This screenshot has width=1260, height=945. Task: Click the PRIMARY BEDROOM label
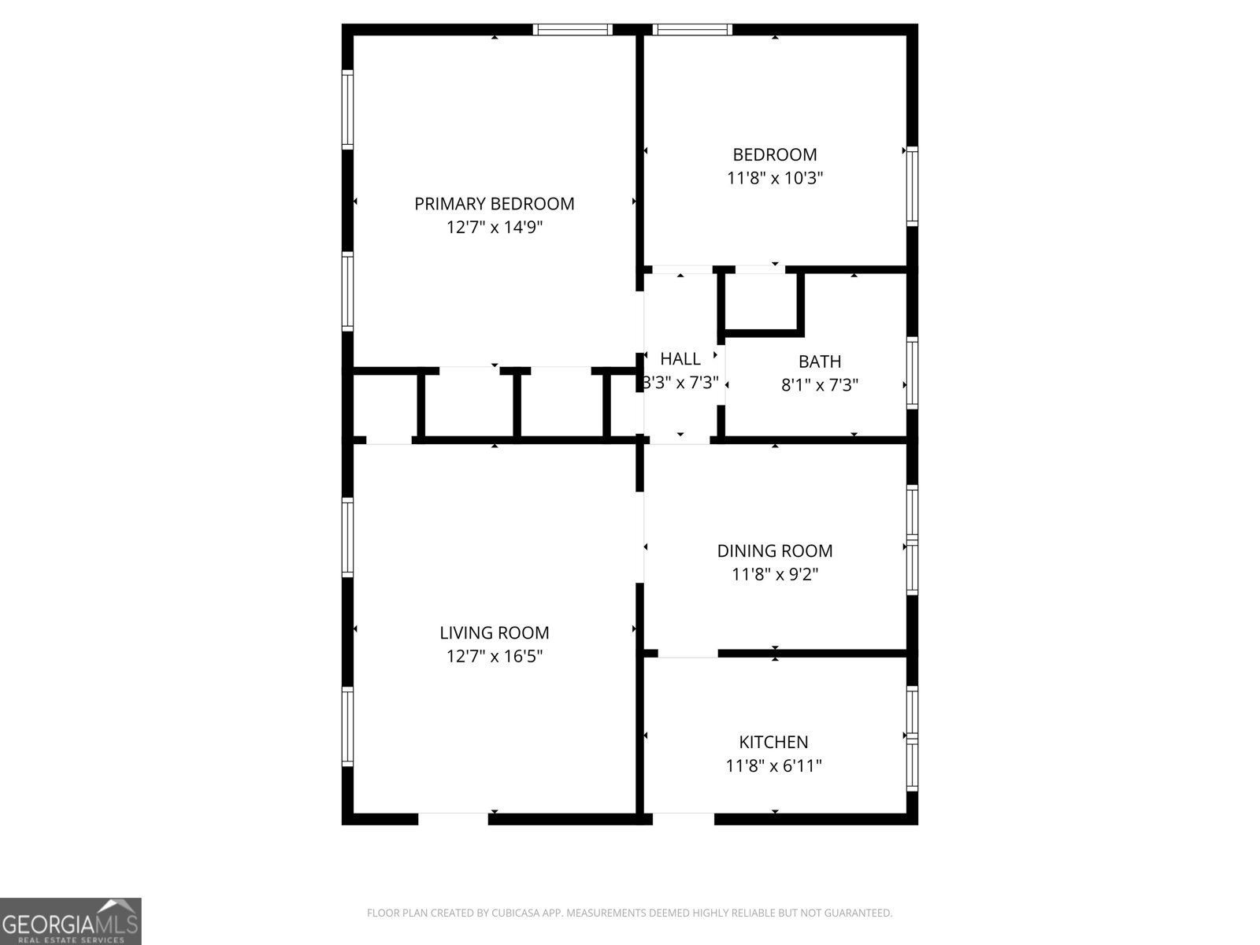point(495,204)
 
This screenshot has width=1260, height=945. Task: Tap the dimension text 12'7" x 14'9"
point(495,228)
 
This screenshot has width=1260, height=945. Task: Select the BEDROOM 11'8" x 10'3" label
point(775,166)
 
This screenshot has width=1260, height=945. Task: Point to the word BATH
point(820,361)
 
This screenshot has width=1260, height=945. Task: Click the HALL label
point(680,359)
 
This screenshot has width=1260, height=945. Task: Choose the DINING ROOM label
point(775,551)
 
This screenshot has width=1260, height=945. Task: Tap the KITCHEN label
point(773,742)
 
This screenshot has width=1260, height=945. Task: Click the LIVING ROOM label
point(495,632)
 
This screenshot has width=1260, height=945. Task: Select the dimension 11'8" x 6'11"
point(773,765)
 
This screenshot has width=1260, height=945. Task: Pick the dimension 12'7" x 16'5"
point(495,656)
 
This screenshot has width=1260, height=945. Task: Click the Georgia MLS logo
point(71,921)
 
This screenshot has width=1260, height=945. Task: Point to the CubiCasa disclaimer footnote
point(629,913)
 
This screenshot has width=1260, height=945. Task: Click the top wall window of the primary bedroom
point(573,30)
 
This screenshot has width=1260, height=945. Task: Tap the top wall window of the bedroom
point(693,30)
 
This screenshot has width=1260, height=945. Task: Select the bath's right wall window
point(912,372)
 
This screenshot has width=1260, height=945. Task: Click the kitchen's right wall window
point(912,738)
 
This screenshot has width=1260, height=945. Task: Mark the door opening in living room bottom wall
point(453,819)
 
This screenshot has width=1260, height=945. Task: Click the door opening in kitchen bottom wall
point(683,819)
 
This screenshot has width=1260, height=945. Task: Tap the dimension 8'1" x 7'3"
point(820,385)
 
